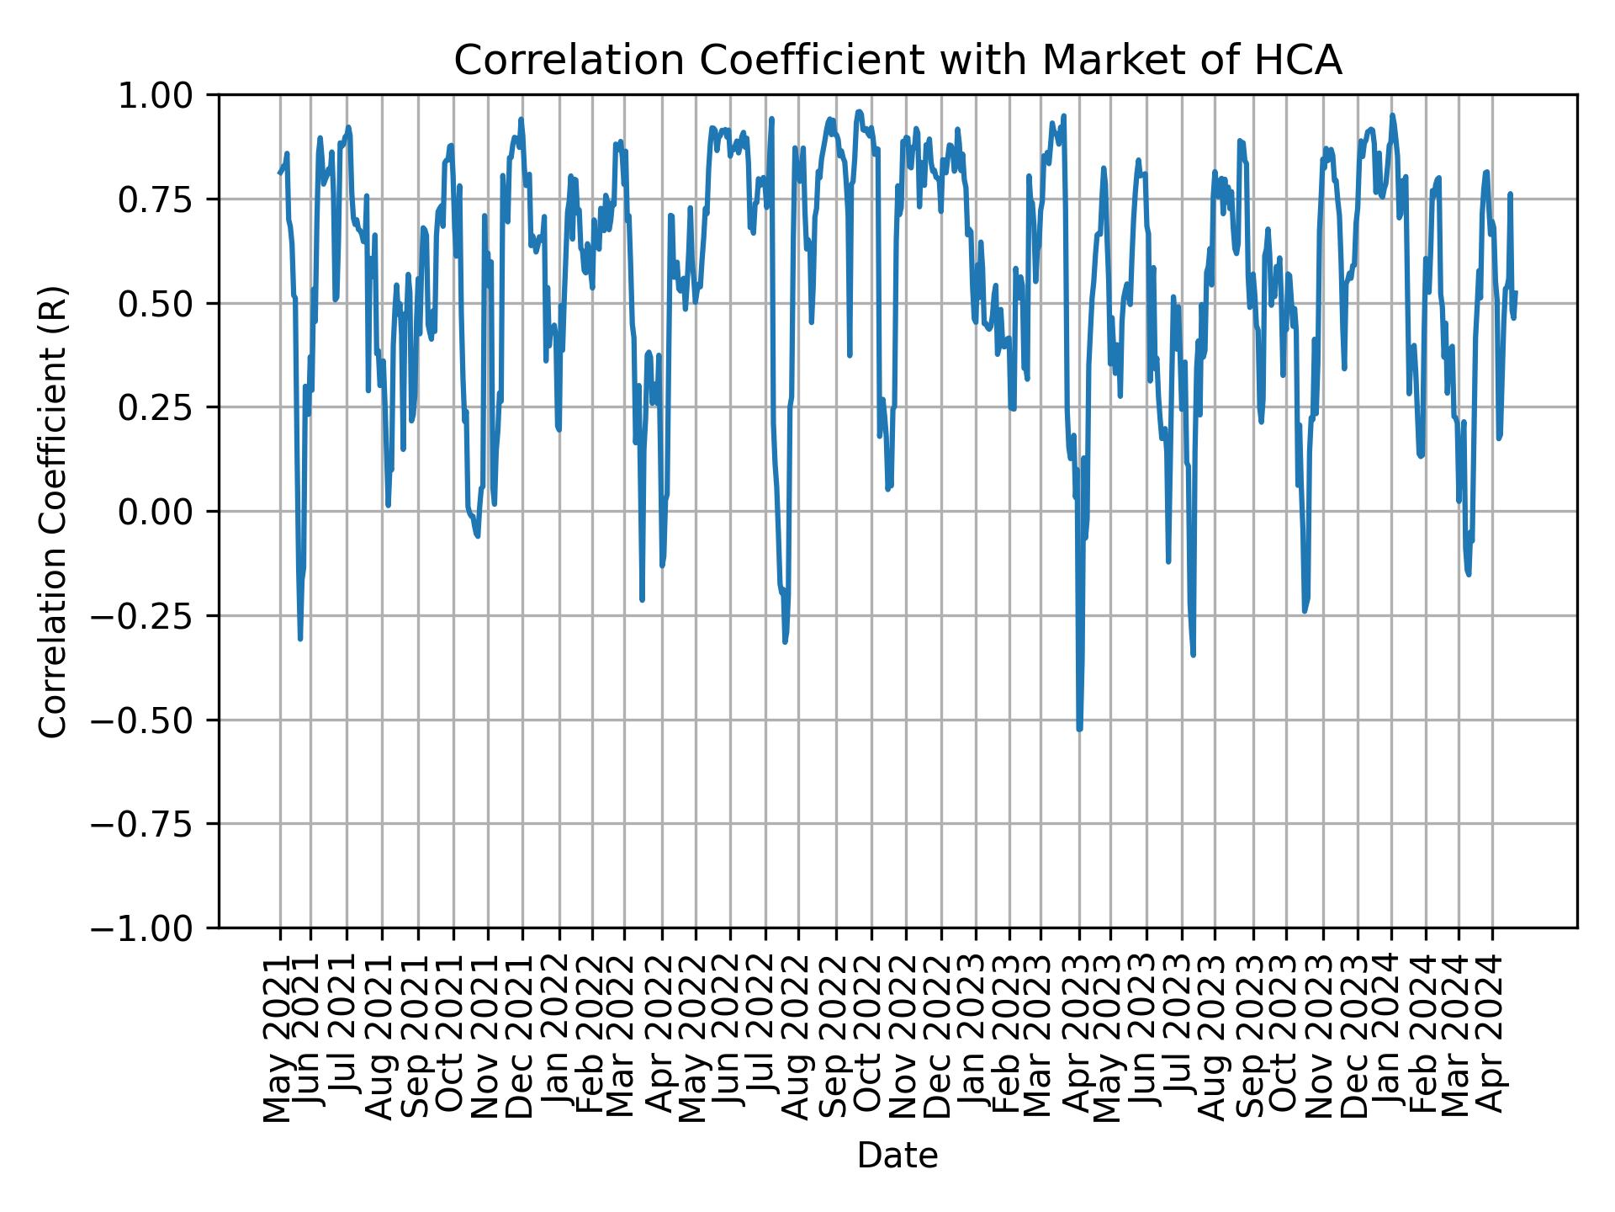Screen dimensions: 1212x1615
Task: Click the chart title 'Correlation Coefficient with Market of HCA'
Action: coord(897,61)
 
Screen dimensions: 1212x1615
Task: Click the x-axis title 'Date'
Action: coord(897,1156)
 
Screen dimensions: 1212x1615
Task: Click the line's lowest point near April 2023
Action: coord(1079,729)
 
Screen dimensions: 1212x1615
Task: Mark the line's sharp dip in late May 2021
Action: coord(300,639)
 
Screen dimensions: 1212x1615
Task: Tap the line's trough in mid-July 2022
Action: coord(785,642)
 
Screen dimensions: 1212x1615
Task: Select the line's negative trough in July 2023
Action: coord(1193,654)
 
